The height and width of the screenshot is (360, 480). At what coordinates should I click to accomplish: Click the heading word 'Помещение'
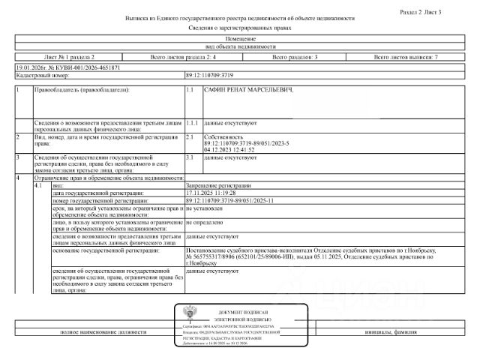click(239, 38)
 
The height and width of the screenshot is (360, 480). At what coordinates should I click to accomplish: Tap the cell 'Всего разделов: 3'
click(295, 57)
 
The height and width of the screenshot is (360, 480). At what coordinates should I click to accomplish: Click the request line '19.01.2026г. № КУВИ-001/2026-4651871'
click(67, 67)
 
